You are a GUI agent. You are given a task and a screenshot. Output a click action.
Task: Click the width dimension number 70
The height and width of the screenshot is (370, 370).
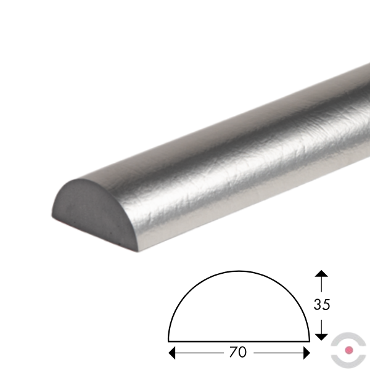pos(237,352)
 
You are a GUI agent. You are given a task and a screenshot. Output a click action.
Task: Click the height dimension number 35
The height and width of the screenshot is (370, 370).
pos(322,305)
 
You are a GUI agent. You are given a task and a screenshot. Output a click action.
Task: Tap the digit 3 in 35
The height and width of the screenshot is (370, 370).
pos(318,305)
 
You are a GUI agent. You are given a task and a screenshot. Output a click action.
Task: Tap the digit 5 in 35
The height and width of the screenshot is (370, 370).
pos(326,305)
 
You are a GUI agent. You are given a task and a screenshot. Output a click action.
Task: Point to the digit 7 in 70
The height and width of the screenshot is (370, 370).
pos(233,352)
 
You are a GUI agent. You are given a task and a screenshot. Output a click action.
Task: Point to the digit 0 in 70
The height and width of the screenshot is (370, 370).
pos(242,352)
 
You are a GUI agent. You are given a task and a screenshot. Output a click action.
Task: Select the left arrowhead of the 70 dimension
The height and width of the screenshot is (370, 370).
pos(172,353)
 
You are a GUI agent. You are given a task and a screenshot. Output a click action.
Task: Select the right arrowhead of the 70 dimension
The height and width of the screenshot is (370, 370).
pos(306,353)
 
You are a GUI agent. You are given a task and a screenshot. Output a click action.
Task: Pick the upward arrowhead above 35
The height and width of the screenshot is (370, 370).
pos(321,273)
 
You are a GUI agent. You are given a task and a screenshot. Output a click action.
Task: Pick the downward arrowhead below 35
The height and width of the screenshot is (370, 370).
pos(321,337)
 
